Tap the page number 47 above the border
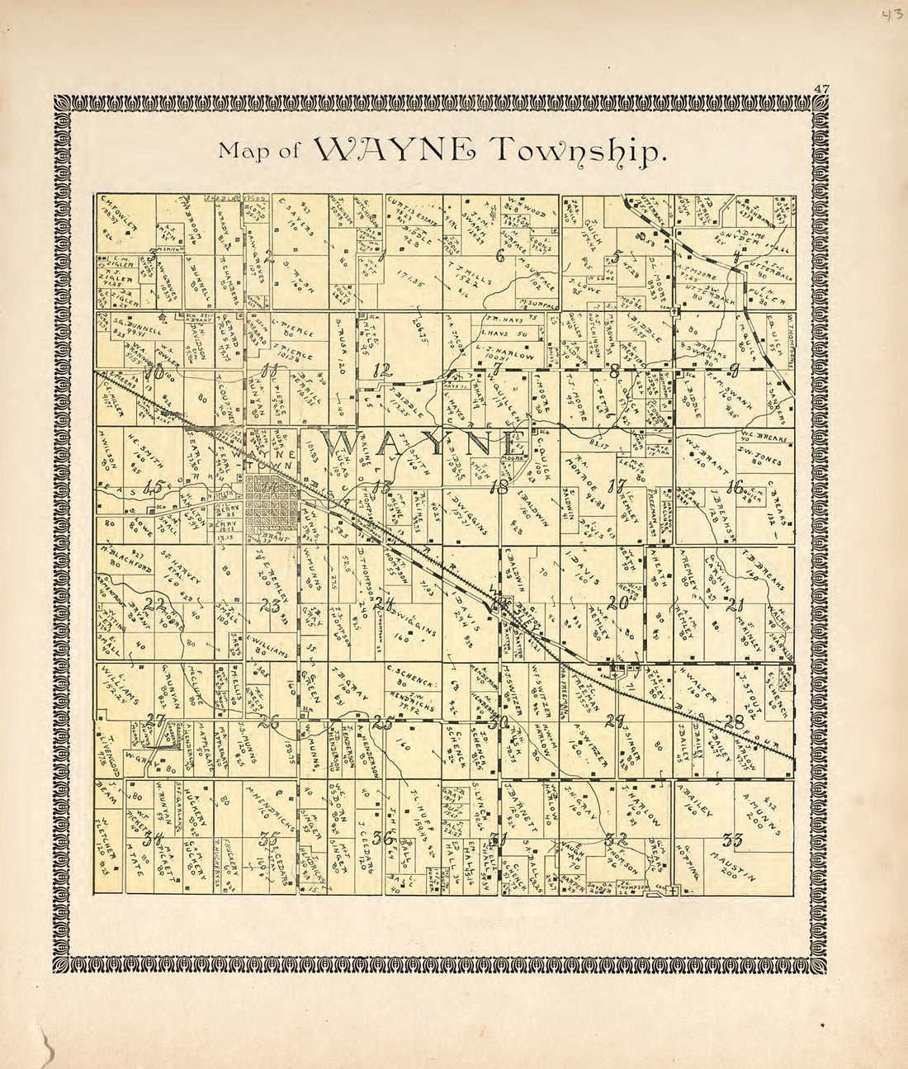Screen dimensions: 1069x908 820,88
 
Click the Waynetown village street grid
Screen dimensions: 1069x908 272,504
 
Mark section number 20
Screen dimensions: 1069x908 619,603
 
